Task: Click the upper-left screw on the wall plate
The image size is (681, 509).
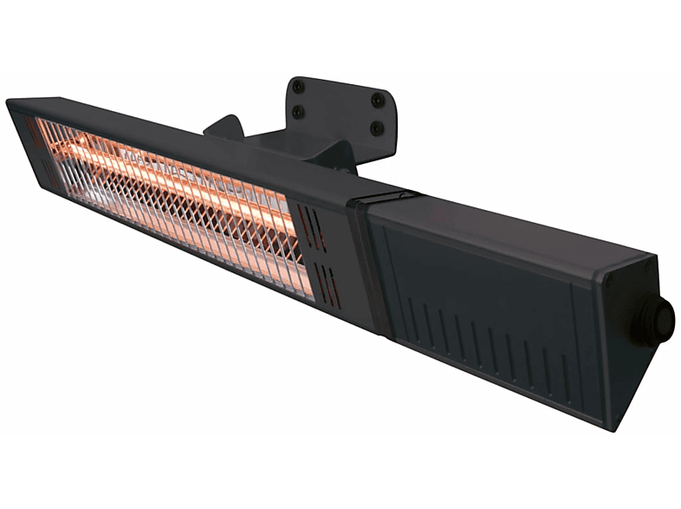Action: click(x=298, y=87)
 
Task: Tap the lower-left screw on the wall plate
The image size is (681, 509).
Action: click(x=298, y=111)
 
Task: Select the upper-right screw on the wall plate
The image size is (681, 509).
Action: click(x=377, y=101)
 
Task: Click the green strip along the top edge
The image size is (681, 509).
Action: click(x=340, y=35)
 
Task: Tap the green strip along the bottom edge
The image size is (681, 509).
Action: click(x=340, y=473)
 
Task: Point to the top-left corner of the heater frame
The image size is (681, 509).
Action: click(x=9, y=102)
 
